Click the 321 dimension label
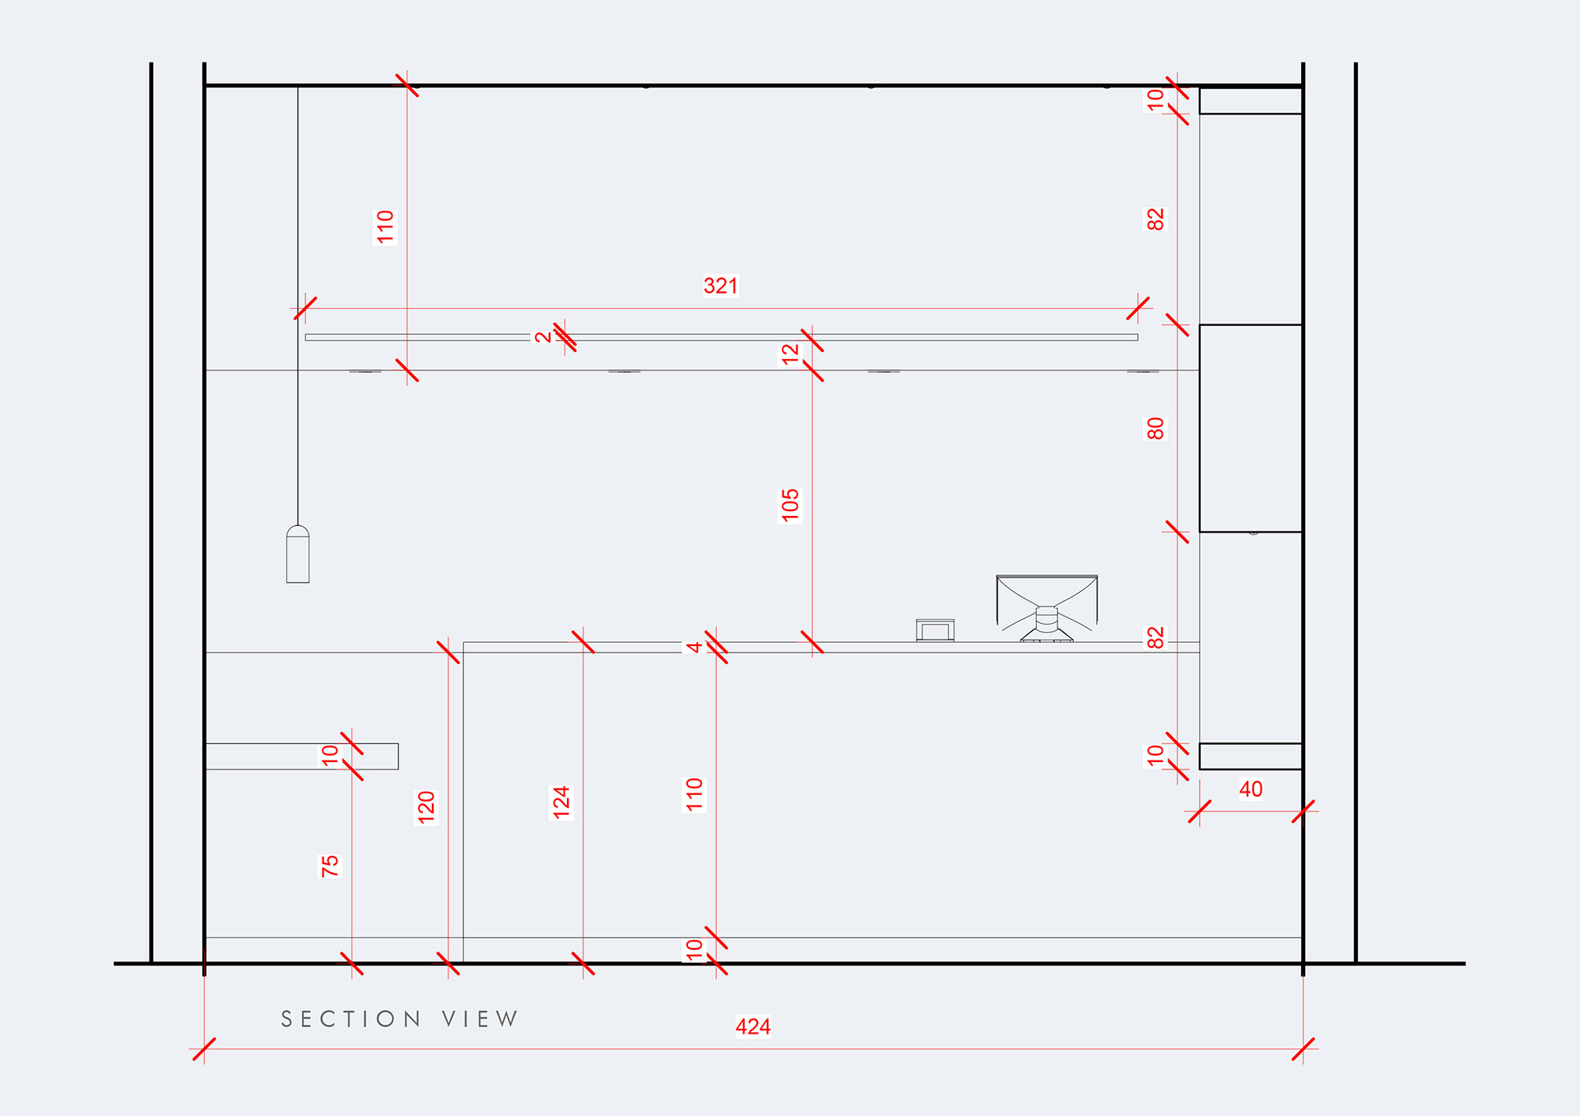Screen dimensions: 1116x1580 tap(721, 286)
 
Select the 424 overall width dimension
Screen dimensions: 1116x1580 tap(753, 1026)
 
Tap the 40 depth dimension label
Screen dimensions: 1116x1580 tap(1251, 789)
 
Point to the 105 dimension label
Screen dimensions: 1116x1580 tap(790, 505)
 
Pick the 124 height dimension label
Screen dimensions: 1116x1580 tap(561, 802)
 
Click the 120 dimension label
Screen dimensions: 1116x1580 tap(426, 807)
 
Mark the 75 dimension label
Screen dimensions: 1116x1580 tap(330, 866)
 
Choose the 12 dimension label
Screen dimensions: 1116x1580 tap(790, 354)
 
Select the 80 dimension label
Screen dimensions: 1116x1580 tap(1155, 429)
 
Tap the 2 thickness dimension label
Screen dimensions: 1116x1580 tap(543, 337)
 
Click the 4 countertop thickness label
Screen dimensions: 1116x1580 tap(695, 647)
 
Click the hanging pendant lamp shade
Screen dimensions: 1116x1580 tap(298, 556)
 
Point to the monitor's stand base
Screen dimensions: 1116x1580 tap(1047, 636)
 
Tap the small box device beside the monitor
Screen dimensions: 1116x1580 tap(936, 630)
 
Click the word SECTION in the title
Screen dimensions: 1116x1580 tap(351, 1019)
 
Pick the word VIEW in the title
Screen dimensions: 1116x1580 tap(480, 1019)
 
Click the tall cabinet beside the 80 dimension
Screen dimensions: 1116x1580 tap(1251, 428)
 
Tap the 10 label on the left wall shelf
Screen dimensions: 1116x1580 tap(330, 755)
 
